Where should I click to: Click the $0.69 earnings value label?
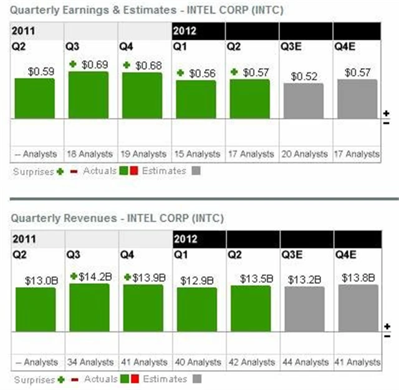click(94, 64)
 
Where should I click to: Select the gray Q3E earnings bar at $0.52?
click(304, 100)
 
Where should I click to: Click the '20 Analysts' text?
click(304, 154)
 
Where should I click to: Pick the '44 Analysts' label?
click(304, 362)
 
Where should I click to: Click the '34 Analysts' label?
click(89, 362)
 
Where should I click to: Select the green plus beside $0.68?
click(127, 66)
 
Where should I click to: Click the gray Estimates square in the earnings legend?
click(196, 170)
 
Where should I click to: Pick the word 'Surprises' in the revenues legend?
click(33, 379)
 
